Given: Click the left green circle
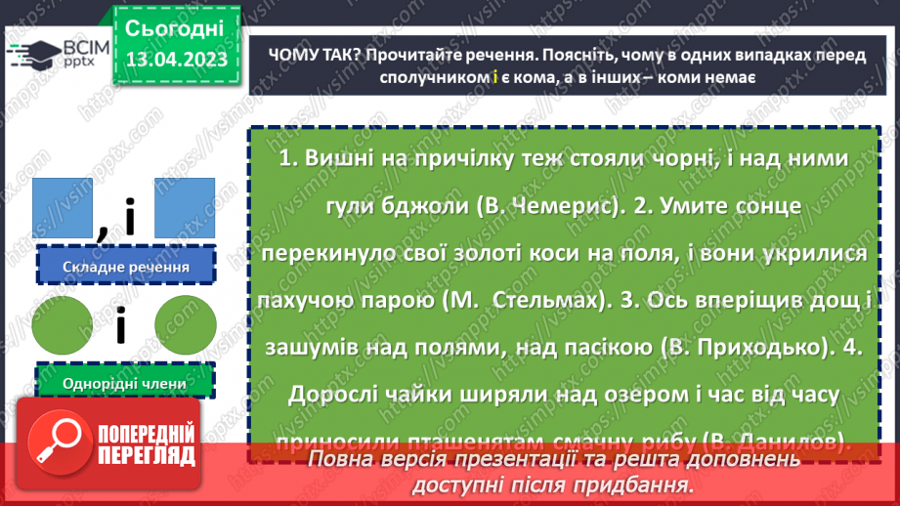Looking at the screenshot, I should click(x=62, y=324).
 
